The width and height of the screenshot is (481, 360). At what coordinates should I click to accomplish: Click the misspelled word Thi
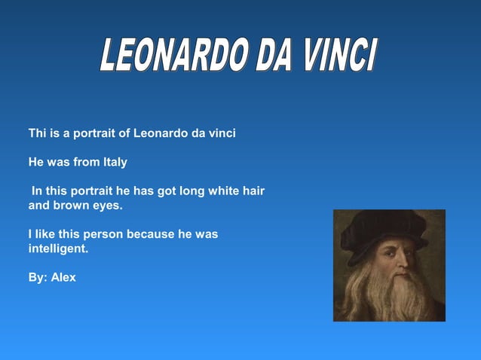point(38,133)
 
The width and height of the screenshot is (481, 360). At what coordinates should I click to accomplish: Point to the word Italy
point(115,162)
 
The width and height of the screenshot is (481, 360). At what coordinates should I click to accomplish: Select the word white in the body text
point(222,191)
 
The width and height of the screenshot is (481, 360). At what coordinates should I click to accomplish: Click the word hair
point(253,191)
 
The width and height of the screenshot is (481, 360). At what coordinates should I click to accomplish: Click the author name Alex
point(63,277)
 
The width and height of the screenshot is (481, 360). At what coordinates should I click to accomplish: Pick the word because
point(151,233)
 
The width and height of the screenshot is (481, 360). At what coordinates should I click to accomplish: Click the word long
point(191,191)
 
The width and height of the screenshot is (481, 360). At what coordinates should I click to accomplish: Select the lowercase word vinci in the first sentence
point(221,133)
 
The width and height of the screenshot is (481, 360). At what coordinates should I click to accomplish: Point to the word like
point(47,233)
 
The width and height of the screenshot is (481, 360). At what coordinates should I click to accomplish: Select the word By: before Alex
point(38,277)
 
